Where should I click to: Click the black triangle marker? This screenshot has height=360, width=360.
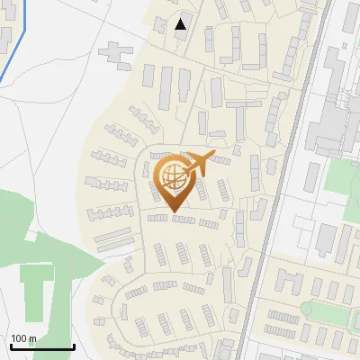(182, 24)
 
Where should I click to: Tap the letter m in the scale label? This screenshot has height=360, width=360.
(32, 338)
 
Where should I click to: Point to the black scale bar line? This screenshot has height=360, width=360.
(41, 347)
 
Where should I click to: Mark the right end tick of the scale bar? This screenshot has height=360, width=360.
(73, 346)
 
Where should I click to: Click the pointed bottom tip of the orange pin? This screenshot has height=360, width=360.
(173, 212)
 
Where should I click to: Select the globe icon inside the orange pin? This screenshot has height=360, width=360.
(173, 178)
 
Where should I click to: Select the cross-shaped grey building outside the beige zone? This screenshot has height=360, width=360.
(114, 51)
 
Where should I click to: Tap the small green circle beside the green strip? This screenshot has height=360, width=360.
(306, 309)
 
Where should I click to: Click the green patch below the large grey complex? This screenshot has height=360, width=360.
(338, 176)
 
